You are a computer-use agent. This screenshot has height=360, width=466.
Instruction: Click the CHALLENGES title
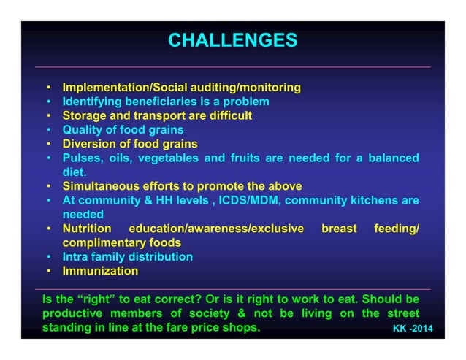coord(232,39)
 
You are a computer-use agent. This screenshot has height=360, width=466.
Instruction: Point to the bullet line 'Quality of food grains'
coord(123,130)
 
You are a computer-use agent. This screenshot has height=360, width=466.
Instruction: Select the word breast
coord(339,229)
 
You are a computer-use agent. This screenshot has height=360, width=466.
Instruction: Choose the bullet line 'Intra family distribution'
coord(127,257)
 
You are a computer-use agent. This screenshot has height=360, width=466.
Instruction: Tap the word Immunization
coord(100,271)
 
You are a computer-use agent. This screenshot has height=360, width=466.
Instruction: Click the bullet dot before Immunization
coord(48,271)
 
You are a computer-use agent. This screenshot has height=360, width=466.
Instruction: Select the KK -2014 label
coord(413,329)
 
